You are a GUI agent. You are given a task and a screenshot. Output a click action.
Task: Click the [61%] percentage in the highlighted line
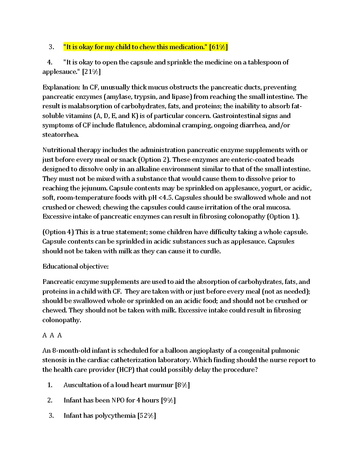click(219, 47)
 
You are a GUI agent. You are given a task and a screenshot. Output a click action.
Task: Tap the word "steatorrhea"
click(60, 135)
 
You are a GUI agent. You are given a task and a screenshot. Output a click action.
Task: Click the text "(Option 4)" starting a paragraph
click(58, 232)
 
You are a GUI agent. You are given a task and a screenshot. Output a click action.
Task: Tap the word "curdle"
click(210, 251)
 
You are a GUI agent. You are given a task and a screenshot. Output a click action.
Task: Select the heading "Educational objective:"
click(76, 267)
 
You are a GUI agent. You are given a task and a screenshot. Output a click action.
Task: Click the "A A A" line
click(52, 335)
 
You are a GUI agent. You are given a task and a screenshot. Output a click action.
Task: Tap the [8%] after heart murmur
click(182, 385)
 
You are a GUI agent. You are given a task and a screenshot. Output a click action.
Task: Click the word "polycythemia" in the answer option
click(116, 416)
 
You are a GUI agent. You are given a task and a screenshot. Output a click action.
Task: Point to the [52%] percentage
click(146, 416)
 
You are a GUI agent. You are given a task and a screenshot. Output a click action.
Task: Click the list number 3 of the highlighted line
click(51, 47)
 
